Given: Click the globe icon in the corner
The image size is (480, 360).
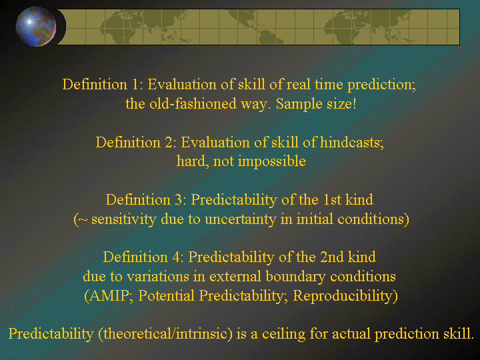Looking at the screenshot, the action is tap(36, 27).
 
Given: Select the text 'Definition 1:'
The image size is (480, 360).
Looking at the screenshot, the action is tap(103, 84).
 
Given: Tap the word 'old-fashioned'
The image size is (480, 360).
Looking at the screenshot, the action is tap(193, 103).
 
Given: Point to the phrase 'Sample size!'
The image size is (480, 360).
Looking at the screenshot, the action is tap(316, 104).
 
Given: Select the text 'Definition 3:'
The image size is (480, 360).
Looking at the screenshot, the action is tap(146, 199).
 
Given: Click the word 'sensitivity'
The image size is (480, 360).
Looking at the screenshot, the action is tap(124, 219).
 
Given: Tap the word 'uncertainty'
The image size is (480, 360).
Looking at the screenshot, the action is tap(240, 219).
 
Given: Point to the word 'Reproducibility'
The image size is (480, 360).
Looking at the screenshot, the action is tap(343, 296).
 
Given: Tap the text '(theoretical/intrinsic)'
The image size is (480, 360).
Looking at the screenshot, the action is tap(165, 334).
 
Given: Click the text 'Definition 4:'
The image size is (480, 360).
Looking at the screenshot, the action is tap(143, 257).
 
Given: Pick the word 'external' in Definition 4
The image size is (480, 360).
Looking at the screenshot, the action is tap(236, 277).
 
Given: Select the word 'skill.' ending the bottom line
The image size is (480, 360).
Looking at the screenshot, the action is tap(458, 333).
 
